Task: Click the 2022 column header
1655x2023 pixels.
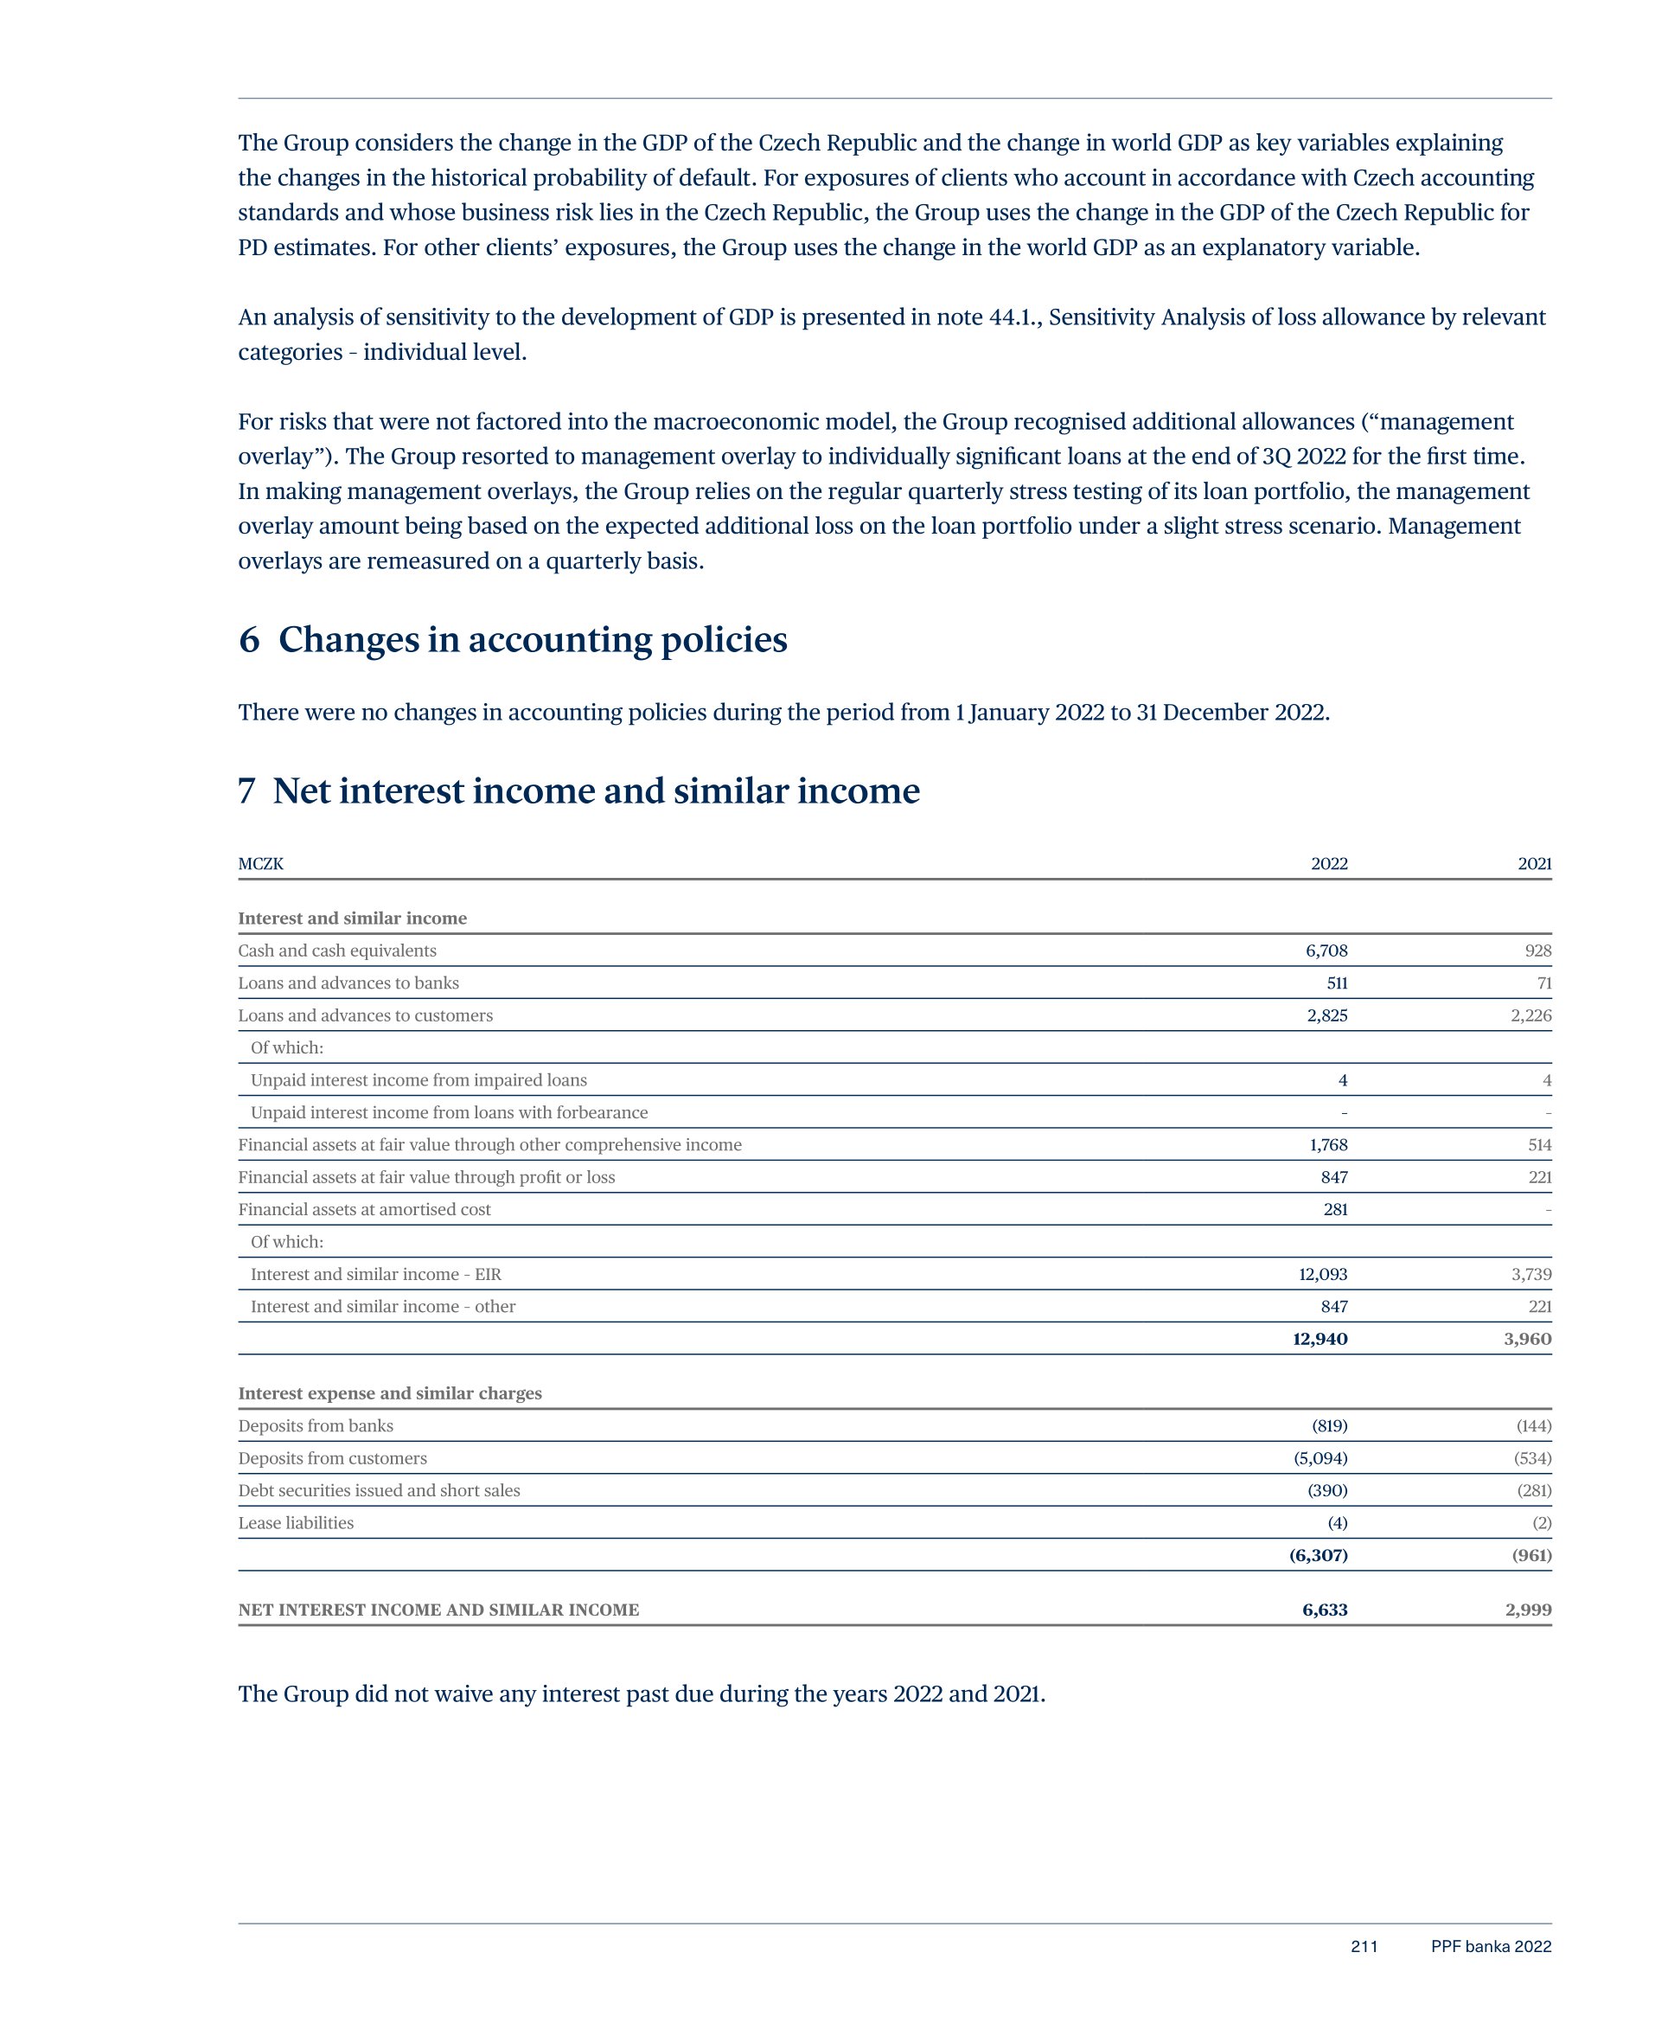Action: (1328, 864)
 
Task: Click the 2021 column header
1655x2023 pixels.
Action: (1534, 864)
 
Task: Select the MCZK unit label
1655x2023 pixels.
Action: (260, 864)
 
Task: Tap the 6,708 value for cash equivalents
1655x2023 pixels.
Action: (1326, 951)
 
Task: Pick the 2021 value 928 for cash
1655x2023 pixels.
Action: (1537, 951)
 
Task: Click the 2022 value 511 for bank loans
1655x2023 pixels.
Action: (1337, 983)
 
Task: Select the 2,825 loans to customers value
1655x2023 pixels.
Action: (1327, 1015)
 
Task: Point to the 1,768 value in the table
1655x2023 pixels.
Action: (1328, 1145)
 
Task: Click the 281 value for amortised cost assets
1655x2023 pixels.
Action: (1335, 1210)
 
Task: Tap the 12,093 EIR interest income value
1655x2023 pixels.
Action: (1323, 1275)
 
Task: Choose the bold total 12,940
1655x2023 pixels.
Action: (1320, 1340)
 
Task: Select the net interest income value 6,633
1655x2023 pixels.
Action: (1324, 1610)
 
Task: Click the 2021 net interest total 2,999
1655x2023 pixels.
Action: (1528, 1610)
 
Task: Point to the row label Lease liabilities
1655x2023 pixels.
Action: (296, 1522)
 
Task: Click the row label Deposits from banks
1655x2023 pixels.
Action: (316, 1426)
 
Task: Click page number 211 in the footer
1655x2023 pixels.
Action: (1364, 1947)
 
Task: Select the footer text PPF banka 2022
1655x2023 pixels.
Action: (1491, 1947)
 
